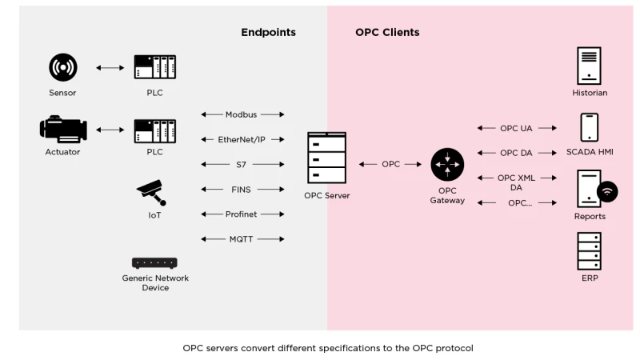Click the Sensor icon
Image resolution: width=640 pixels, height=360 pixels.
[62, 68]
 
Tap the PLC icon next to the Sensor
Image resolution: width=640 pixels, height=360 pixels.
[154, 67]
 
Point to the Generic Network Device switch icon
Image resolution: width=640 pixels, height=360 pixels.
[154, 262]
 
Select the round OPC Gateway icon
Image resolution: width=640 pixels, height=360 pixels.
[446, 165]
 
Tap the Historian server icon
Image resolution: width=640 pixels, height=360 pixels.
[589, 66]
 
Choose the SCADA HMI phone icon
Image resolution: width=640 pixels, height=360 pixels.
[589, 128]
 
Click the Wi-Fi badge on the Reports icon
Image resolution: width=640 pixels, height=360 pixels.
[608, 192]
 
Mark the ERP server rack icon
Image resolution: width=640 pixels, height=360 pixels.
[589, 251]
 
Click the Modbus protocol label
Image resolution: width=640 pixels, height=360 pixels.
[242, 114]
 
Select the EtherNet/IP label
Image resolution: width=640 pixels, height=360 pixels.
[242, 139]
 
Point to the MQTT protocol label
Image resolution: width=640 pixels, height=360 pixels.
[242, 238]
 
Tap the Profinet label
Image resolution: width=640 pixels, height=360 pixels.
[242, 214]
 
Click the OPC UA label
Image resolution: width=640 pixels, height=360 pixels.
[516, 128]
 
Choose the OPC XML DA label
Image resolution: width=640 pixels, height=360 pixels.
[516, 182]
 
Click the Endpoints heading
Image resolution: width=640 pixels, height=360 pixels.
[268, 33]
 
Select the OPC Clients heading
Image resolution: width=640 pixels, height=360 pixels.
[387, 33]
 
